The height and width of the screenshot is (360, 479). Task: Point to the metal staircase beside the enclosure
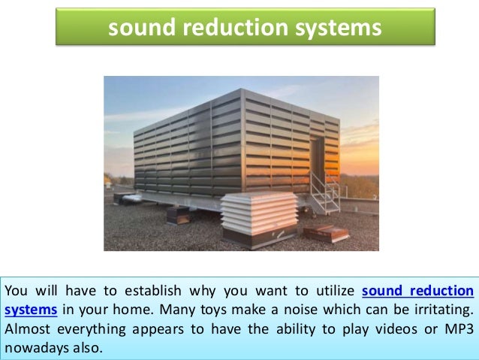coord(325,192)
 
